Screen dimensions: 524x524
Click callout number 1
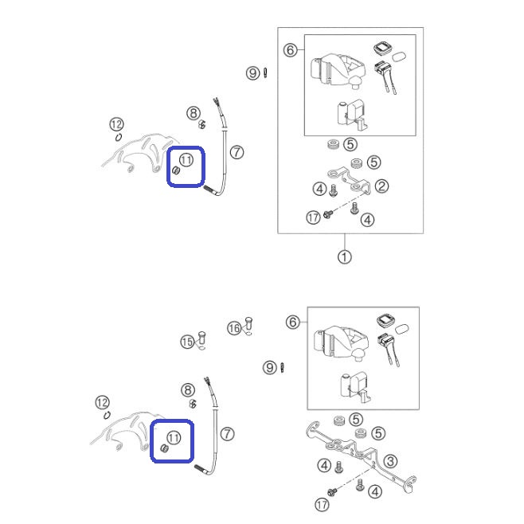click(345, 257)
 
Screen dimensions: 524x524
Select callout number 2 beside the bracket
click(381, 186)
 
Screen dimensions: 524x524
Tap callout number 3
click(390, 462)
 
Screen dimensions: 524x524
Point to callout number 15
click(187, 342)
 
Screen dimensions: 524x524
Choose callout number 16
click(234, 328)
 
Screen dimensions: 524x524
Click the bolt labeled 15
click(201, 338)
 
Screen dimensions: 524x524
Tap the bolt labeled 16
click(248, 323)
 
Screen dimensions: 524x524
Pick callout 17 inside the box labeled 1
click(313, 218)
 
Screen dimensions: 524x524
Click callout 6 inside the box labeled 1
click(290, 50)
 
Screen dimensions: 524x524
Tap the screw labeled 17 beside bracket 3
click(332, 492)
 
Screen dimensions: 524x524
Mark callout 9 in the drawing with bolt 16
click(270, 368)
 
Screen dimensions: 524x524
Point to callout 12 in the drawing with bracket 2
click(116, 124)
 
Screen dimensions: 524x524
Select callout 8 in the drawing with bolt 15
click(188, 390)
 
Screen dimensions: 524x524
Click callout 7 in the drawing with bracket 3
click(228, 434)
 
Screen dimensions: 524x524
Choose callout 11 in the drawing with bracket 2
click(186, 160)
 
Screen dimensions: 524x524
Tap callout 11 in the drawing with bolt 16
click(174, 437)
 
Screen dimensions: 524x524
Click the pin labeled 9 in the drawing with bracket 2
click(265, 72)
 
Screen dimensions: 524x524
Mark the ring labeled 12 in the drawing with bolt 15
click(107, 416)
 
